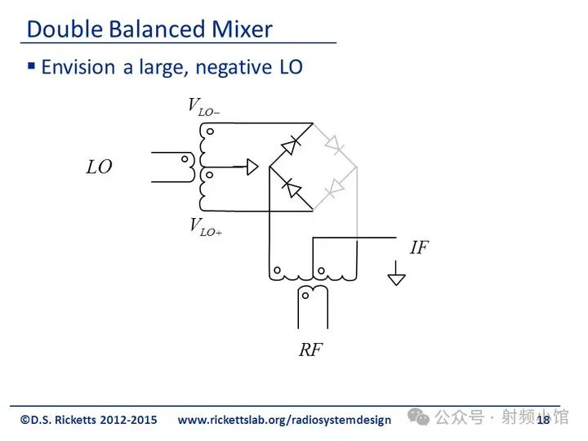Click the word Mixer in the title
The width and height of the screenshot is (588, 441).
[x=242, y=29]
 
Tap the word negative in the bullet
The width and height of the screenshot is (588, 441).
[x=234, y=68]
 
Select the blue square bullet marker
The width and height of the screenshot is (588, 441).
[x=32, y=66]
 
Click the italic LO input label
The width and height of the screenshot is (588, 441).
[x=100, y=167]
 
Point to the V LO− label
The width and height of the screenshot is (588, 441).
[x=204, y=107]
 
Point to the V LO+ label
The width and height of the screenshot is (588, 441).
[x=206, y=227]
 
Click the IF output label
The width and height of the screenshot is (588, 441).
[x=419, y=247]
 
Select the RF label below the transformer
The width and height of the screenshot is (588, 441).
[x=310, y=350]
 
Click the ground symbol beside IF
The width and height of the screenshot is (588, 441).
[x=396, y=274]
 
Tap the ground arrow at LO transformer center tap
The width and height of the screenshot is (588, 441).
[x=252, y=167]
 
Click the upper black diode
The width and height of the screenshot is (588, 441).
[x=291, y=145]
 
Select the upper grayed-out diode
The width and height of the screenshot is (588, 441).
[x=335, y=145]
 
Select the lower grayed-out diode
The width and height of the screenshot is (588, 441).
[x=335, y=189]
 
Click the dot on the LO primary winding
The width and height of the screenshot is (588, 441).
[x=185, y=159]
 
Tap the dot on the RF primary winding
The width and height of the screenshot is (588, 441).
[x=305, y=296]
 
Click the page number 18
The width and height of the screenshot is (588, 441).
[x=543, y=420]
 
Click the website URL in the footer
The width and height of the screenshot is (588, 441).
[x=284, y=420]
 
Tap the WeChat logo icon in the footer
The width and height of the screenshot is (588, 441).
[x=418, y=416]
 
